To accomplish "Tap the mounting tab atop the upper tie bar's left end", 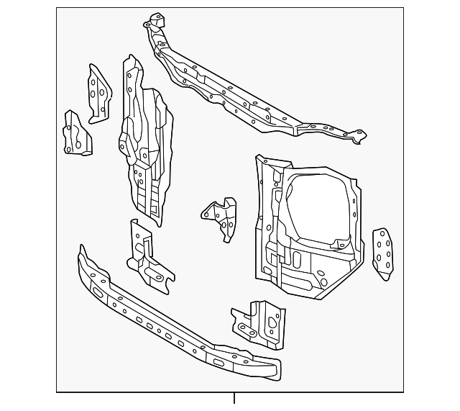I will [155, 19].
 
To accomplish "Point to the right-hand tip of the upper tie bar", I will [359, 135].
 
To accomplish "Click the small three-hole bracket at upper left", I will [98, 94].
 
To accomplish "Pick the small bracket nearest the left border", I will [75, 135].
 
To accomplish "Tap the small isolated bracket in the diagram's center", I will [221, 218].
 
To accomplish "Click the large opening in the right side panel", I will [320, 209].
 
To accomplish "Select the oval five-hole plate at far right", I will [382, 253].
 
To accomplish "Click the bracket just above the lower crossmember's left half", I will [149, 259].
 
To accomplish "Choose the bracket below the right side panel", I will [260, 322].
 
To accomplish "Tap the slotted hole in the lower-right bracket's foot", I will [246, 330].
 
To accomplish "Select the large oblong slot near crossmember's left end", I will [96, 291].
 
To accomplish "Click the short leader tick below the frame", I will [234, 398].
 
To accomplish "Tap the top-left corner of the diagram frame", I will [57, 9].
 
